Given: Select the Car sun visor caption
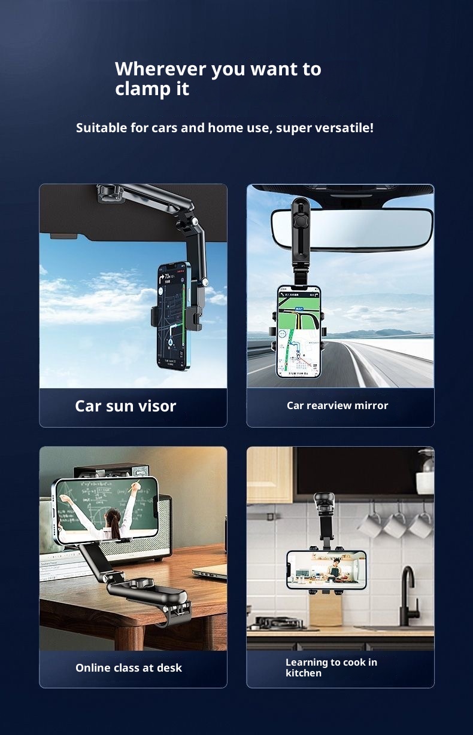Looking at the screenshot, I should [125, 406].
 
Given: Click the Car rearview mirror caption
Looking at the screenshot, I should [337, 405].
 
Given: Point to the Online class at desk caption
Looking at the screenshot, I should [129, 668].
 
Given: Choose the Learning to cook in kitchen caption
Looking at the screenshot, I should [331, 667].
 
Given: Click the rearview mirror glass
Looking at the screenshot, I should [371, 227].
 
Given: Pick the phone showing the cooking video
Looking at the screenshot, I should [326, 570].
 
